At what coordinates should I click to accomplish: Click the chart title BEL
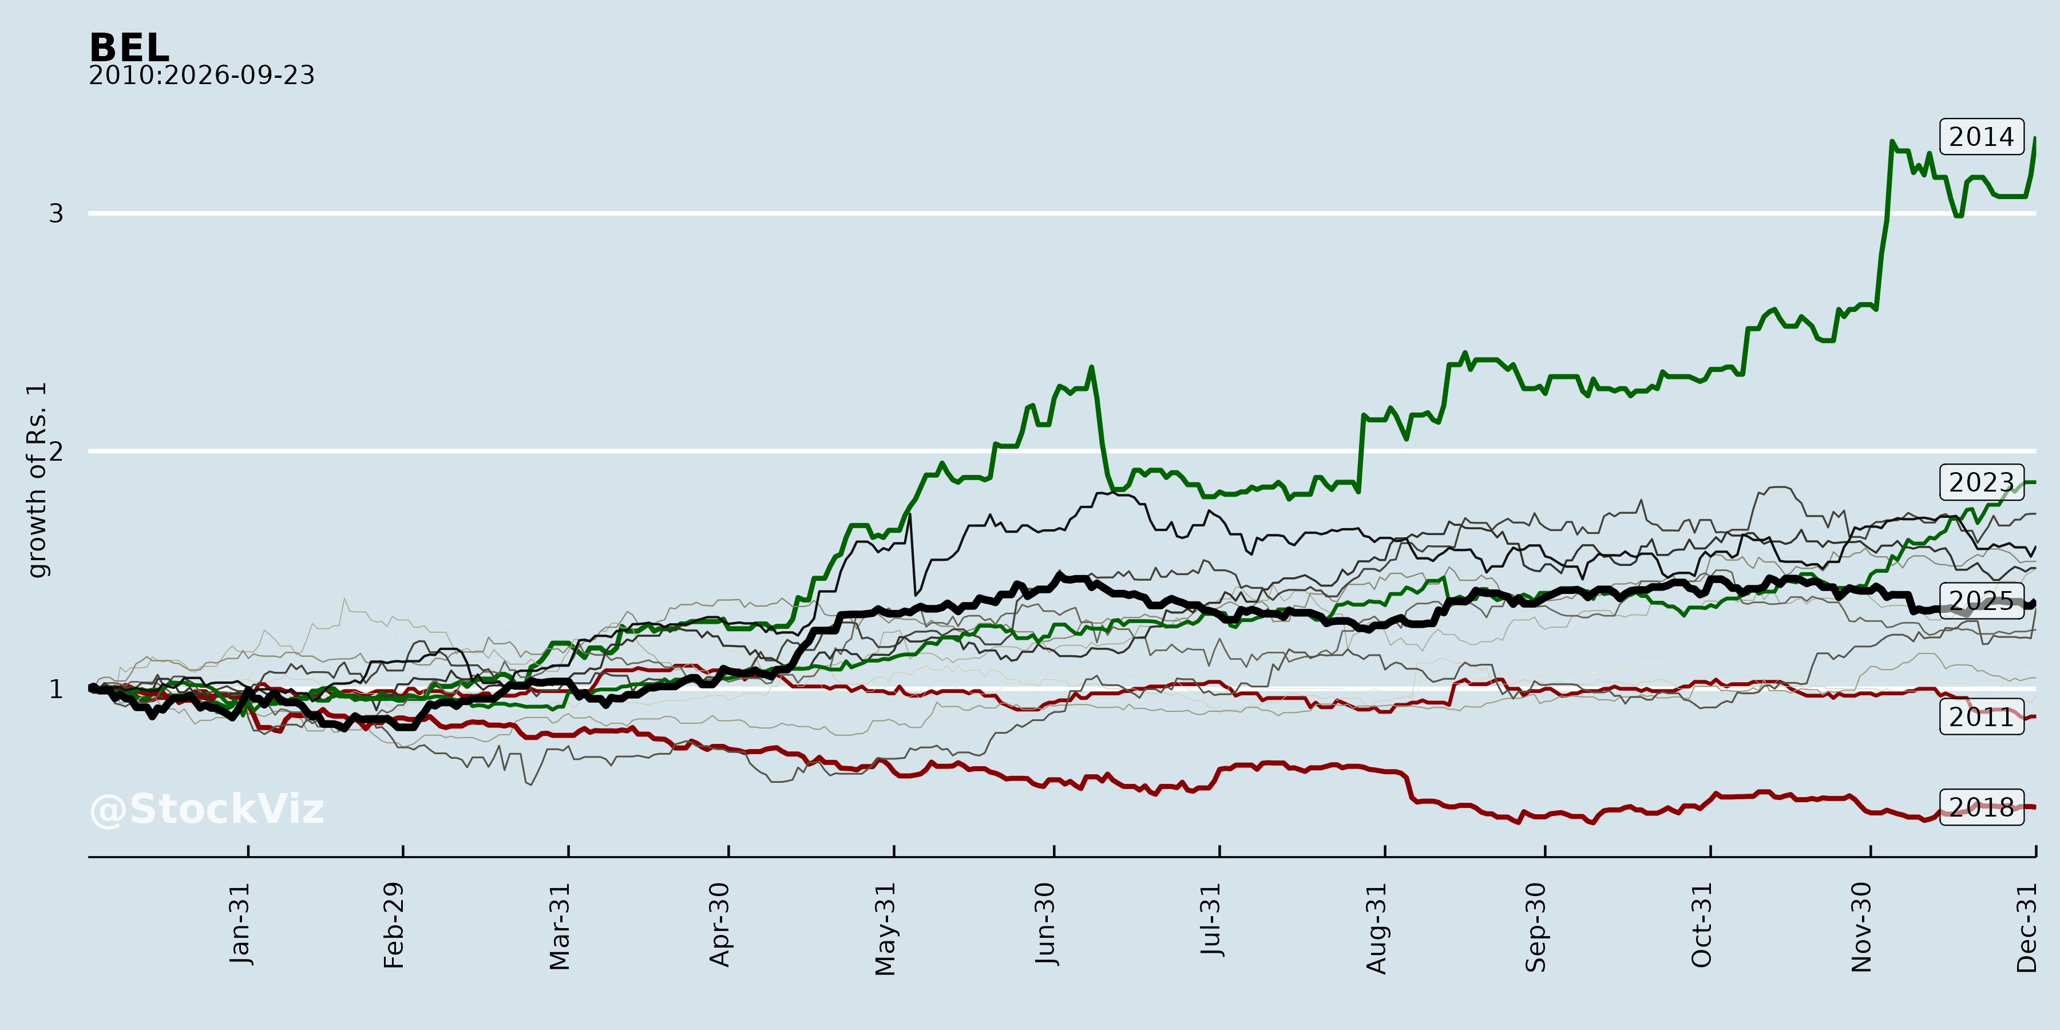[129, 48]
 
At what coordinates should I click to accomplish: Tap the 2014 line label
[1982, 137]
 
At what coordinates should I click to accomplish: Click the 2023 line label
[1982, 482]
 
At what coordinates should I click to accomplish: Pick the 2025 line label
[1982, 601]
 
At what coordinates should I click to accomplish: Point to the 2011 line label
[1982, 716]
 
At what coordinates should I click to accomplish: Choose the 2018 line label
[1982, 807]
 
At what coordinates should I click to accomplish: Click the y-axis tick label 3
[56, 213]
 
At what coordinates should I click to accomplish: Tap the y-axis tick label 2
[56, 451]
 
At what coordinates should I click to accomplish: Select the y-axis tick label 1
[56, 690]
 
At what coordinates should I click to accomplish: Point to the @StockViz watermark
[207, 809]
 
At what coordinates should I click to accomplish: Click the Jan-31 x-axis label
[240, 925]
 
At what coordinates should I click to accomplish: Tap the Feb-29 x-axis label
[394, 926]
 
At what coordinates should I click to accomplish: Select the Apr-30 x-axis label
[720, 925]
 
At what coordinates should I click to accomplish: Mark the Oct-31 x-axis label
[1702, 925]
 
